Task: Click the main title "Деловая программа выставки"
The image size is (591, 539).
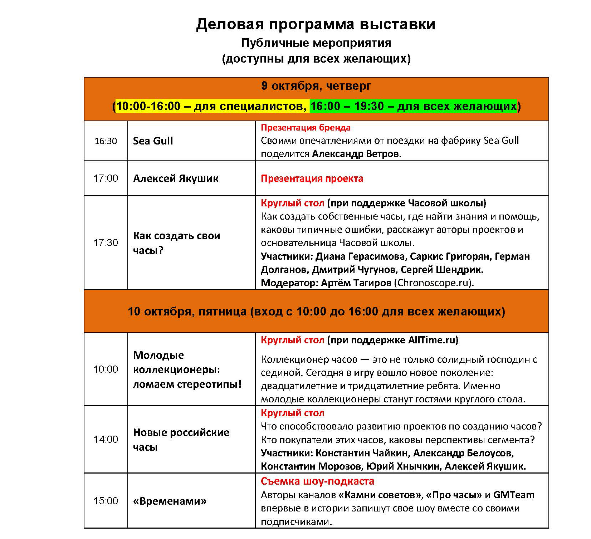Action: [316, 25]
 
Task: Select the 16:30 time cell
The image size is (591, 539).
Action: [106, 141]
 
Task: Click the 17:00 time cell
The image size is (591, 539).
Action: [106, 178]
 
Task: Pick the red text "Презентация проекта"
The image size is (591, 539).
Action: [312, 178]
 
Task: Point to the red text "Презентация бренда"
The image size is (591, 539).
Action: [306, 128]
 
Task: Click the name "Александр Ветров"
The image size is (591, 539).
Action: [356, 154]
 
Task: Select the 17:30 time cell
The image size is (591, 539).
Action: [106, 242]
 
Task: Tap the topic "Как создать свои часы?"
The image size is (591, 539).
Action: [176, 243]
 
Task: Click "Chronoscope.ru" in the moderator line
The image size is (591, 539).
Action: [433, 283]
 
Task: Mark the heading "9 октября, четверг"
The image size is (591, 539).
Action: [316, 86]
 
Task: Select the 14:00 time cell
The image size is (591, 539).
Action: [106, 439]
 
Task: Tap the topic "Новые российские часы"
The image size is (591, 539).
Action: [181, 440]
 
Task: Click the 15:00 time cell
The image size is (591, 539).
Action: [106, 501]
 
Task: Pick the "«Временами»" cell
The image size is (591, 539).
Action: [170, 501]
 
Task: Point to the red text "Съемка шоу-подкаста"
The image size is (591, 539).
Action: [317, 481]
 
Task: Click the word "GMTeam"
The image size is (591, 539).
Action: [513, 495]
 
